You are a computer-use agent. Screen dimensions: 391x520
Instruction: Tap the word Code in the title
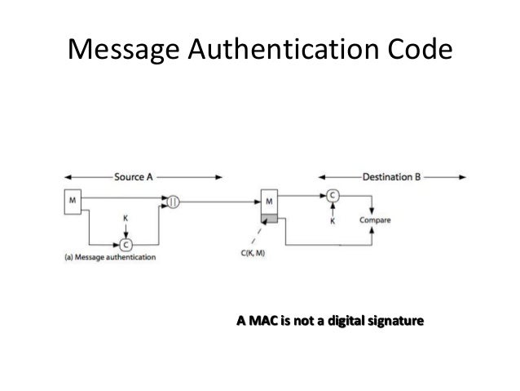point(414,51)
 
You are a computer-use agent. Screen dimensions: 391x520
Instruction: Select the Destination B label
point(393,176)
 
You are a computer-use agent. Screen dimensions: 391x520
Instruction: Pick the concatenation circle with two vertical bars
point(173,199)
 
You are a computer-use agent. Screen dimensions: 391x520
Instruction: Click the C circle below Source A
point(126,244)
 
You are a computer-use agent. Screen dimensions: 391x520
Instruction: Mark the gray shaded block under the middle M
point(269,218)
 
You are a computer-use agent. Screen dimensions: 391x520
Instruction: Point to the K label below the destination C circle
point(333,220)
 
